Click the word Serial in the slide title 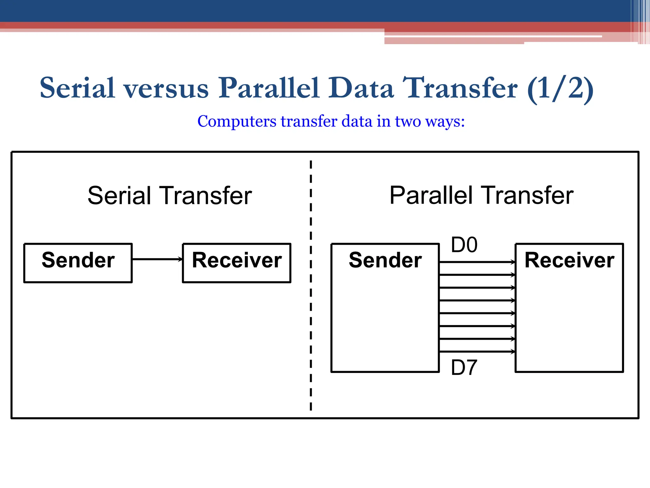point(77,88)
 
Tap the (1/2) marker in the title point(560,89)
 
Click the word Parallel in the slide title point(269,88)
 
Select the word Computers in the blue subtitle point(237,121)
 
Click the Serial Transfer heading point(169,195)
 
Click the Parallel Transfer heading point(481,195)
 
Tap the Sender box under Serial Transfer point(78,263)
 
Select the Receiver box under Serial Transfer point(237,263)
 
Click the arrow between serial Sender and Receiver point(157,259)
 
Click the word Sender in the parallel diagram point(385,260)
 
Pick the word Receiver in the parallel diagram point(569,260)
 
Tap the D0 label point(464,245)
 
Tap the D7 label point(464,368)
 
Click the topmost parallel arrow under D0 point(477,262)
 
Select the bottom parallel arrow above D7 point(477,352)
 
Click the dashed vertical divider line point(311,286)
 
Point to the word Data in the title point(361,88)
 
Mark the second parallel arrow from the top point(477,275)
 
